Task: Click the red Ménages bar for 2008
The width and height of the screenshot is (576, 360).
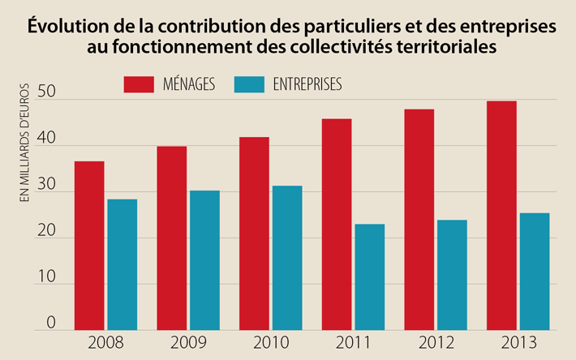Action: coord(88,246)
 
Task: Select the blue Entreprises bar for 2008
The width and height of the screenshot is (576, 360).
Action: coord(122,264)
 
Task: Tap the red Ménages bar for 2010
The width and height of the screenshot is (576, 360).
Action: coord(254,234)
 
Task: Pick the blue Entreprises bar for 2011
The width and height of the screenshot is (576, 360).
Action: coord(369,277)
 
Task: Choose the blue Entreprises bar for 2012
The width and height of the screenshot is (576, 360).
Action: coord(451,275)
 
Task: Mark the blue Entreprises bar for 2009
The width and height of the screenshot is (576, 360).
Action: coord(204,260)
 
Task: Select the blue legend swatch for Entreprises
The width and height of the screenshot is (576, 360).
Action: coord(249,84)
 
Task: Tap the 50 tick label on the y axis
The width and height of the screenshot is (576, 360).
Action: coord(50,98)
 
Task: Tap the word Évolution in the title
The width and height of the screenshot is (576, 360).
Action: coord(63,26)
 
